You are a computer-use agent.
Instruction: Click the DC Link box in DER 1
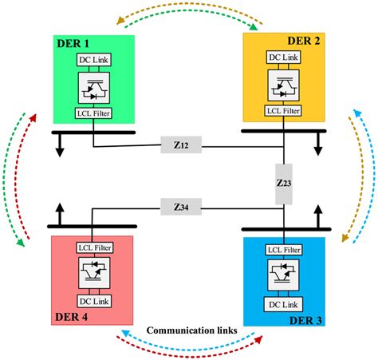click(94, 59)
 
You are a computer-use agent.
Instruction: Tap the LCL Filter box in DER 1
click(94, 113)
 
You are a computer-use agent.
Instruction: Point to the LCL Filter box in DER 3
click(285, 249)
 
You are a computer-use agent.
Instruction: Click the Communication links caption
click(189, 329)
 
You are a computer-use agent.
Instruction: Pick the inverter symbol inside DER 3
click(285, 276)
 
